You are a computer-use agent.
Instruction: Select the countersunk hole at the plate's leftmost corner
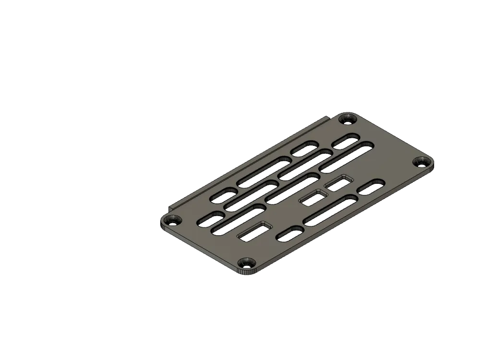[170, 221]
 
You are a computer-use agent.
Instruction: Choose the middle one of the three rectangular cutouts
[313, 198]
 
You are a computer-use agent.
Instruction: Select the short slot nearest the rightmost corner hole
[371, 187]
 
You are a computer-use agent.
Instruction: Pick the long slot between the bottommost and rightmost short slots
[331, 210]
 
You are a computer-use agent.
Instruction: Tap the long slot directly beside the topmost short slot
[347, 156]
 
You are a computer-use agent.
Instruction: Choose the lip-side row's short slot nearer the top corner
[305, 149]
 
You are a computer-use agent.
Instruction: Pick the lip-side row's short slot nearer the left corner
[224, 194]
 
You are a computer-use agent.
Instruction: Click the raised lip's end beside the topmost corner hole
[328, 118]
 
